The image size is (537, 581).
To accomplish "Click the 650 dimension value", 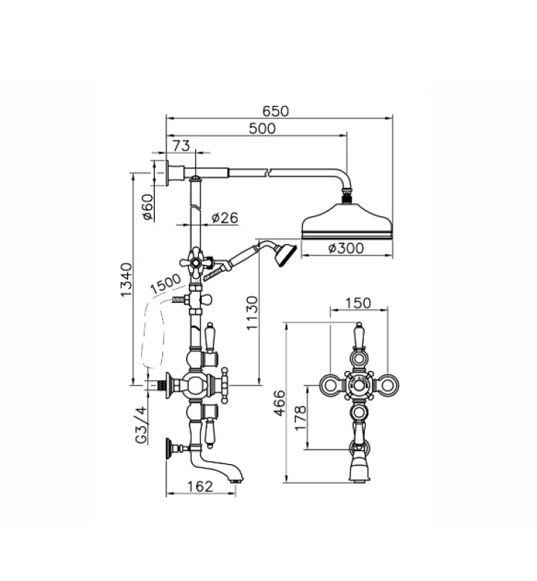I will click(x=275, y=111).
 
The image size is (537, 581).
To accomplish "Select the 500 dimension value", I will click(x=262, y=129).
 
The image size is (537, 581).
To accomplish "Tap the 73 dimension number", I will click(x=182, y=146).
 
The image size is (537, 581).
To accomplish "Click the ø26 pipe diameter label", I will click(x=225, y=217).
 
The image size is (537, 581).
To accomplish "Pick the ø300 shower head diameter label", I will click(x=346, y=248).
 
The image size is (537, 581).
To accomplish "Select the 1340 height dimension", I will click(x=126, y=280).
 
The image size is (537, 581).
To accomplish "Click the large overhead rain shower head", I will click(x=346, y=222).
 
